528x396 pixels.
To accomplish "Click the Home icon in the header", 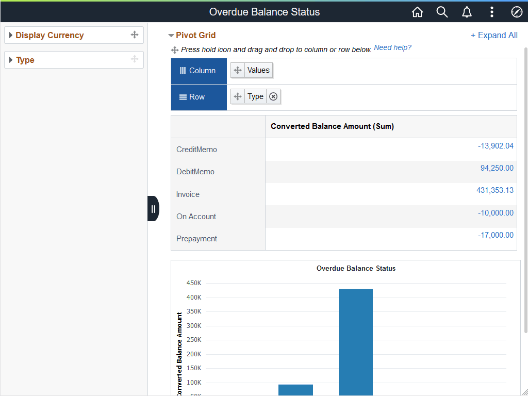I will coord(417,12).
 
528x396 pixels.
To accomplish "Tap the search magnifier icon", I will coord(442,12).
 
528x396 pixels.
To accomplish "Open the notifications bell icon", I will coord(467,12).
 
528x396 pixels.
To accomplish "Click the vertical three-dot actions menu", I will coord(492,12).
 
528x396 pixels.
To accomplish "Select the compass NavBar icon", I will coord(517,12).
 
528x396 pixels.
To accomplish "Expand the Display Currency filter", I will coord(49,35).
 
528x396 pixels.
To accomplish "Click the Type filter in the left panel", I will coord(25,60).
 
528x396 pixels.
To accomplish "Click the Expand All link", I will coord(494,35).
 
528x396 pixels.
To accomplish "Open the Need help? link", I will coord(392,47).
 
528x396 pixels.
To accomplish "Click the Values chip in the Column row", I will coord(258,70).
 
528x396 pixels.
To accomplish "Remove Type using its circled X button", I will coord(273,96).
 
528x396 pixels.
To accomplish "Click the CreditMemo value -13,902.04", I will coord(496,146).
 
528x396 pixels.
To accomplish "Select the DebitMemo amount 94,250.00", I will coord(497,168).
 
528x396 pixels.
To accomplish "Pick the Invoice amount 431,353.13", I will coord(494,190).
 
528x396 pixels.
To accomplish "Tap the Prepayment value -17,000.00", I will coord(496,235).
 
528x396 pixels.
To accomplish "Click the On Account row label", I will coord(196,217).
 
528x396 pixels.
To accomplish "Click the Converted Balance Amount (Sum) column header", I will coord(332,126).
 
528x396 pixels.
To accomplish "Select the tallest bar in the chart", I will coord(355,340).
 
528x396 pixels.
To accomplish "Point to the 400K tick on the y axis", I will coord(194,298).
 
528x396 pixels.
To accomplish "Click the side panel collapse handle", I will coord(153,209).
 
